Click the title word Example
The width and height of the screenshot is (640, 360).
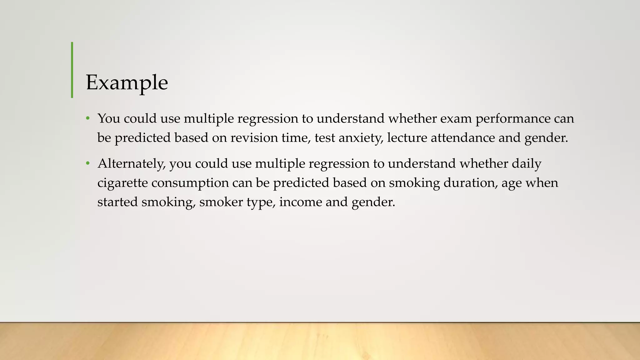(127, 83)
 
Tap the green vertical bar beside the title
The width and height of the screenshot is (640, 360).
(72, 70)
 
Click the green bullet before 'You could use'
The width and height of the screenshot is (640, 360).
(88, 118)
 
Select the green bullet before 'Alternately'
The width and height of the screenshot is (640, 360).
(88, 163)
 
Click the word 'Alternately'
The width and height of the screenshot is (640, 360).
(132, 164)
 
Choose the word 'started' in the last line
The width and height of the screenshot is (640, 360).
(117, 202)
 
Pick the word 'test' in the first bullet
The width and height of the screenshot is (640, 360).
(325, 138)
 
